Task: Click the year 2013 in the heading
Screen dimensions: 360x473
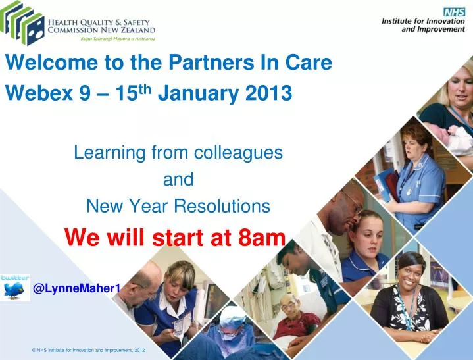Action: click(269, 94)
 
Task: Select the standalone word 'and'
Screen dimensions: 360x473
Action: click(178, 180)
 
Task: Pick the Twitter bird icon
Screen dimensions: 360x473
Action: click(14, 288)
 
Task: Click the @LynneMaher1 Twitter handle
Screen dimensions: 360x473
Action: click(76, 288)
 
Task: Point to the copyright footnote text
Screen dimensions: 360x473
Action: click(88, 350)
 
